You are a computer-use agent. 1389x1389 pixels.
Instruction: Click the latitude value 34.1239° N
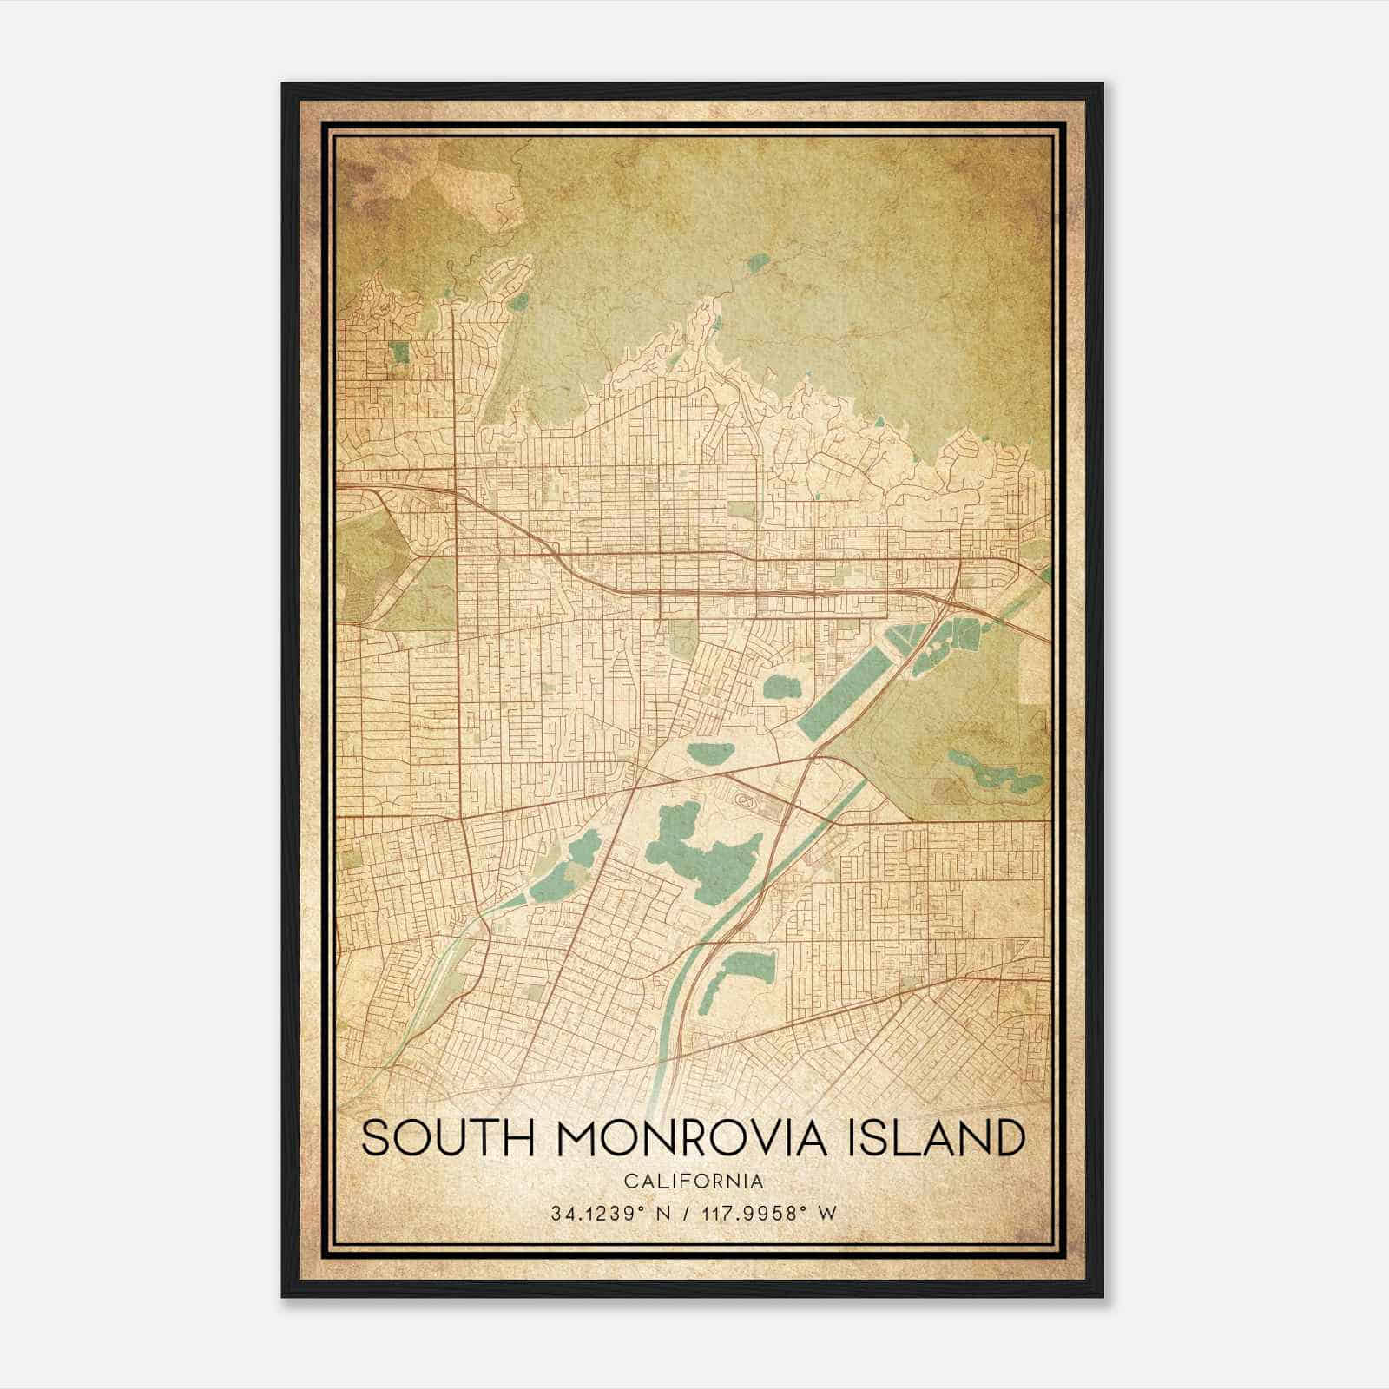click(607, 1214)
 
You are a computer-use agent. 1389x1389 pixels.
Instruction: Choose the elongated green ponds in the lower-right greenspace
click(994, 773)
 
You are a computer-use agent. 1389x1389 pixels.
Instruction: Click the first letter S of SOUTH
click(374, 1138)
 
